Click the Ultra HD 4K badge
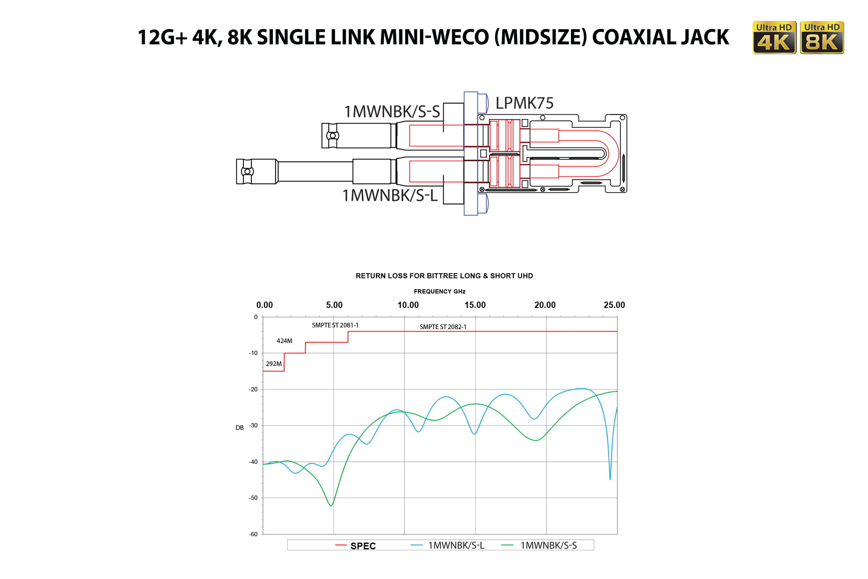pyautogui.click(x=774, y=38)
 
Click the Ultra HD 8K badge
pyautogui.click(x=822, y=38)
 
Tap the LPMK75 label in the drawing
pyautogui.click(x=524, y=103)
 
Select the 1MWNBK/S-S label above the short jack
pyautogui.click(x=392, y=112)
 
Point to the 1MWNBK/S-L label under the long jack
pyautogui.click(x=390, y=196)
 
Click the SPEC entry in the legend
pyautogui.click(x=362, y=546)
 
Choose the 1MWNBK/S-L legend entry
pyautogui.click(x=456, y=546)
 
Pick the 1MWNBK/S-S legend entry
pyautogui.click(x=548, y=546)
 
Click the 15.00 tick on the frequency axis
pyautogui.click(x=475, y=305)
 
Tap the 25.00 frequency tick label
pyautogui.click(x=614, y=305)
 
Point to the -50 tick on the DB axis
pyautogui.click(x=253, y=498)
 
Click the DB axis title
pyautogui.click(x=239, y=428)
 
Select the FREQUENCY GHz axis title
pyautogui.click(x=440, y=291)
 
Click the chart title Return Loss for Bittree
pyautogui.click(x=444, y=276)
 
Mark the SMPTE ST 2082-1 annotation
pyautogui.click(x=443, y=327)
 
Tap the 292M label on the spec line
pyautogui.click(x=273, y=364)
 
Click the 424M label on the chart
pyautogui.click(x=284, y=341)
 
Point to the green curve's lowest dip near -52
pyautogui.click(x=331, y=505)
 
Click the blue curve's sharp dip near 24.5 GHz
pyautogui.click(x=610, y=478)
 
